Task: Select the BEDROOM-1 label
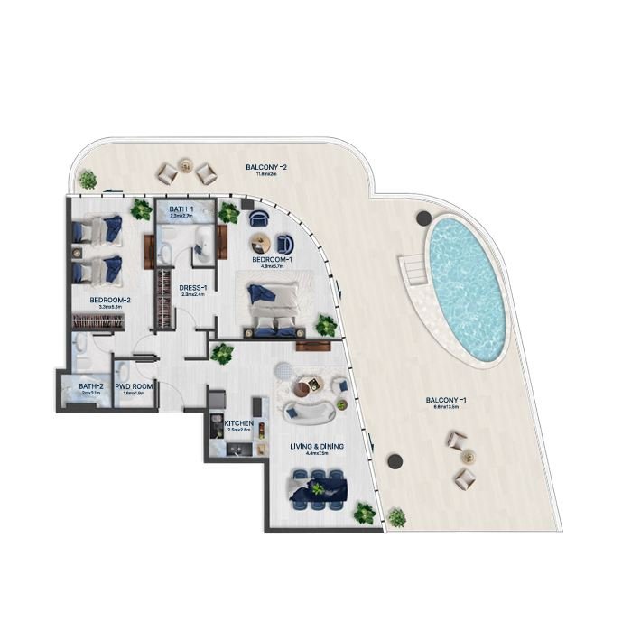tap(272, 260)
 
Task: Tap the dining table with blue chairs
tap(320, 487)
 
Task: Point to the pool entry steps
tap(414, 269)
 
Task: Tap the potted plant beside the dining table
tap(363, 514)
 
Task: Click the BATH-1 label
tap(181, 210)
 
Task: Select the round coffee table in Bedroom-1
tap(261, 242)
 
